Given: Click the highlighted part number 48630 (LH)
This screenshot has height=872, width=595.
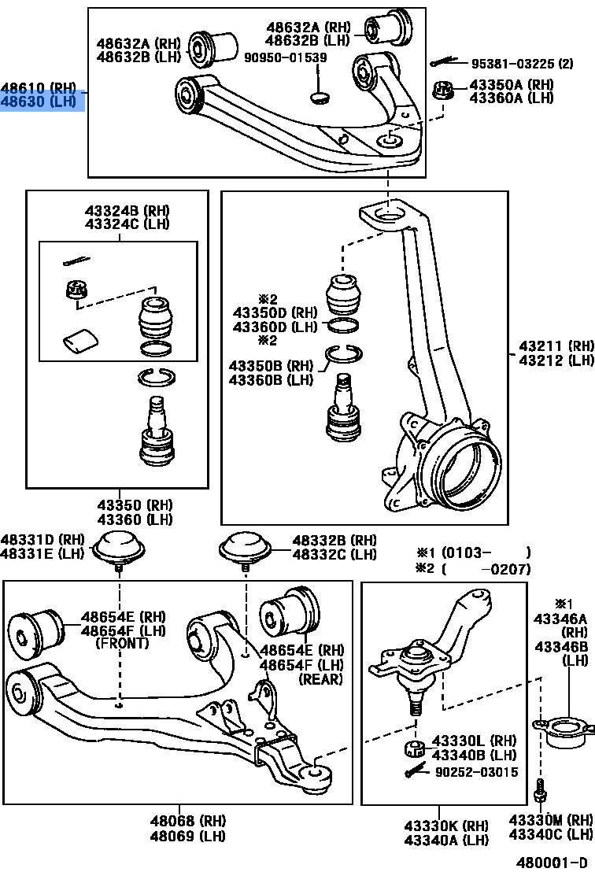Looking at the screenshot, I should coord(42,102).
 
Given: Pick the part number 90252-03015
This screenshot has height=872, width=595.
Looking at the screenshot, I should coord(477,772).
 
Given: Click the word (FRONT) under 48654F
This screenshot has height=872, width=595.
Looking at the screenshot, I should coord(121,643).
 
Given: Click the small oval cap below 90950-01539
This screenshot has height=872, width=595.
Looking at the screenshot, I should coord(320,97).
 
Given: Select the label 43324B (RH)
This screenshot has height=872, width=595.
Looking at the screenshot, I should coord(127,211).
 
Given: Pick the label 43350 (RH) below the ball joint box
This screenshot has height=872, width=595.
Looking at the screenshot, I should coord(124,505).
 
